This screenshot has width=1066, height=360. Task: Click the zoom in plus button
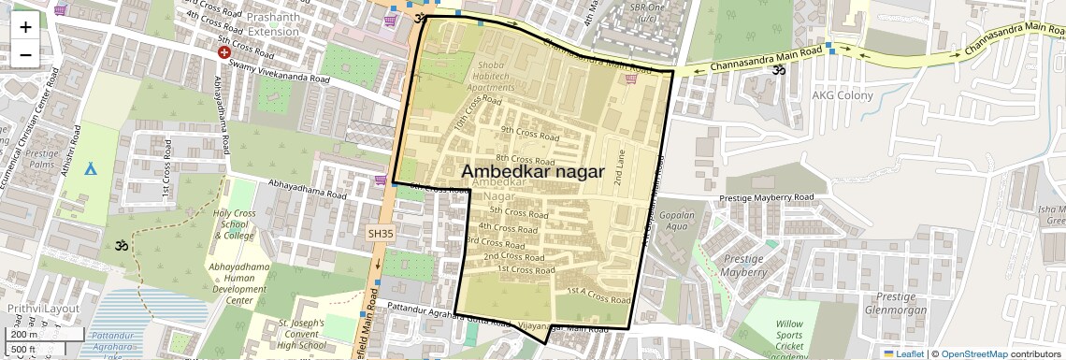click(x=25, y=26)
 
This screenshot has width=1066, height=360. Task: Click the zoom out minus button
click(x=25, y=54)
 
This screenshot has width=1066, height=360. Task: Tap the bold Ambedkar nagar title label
click(x=533, y=172)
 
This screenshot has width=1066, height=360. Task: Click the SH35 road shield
click(x=382, y=233)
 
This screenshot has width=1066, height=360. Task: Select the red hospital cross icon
click(x=224, y=53)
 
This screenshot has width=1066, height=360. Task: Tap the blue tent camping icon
click(x=91, y=168)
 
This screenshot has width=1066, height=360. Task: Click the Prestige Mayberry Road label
click(x=767, y=198)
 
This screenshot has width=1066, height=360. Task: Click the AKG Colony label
click(x=842, y=95)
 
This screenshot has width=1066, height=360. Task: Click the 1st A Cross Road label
click(x=598, y=296)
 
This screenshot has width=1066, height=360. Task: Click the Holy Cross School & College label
click(x=234, y=224)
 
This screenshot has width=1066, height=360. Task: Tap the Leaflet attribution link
click(x=903, y=353)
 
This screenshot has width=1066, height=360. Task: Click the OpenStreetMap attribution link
click(x=974, y=353)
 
